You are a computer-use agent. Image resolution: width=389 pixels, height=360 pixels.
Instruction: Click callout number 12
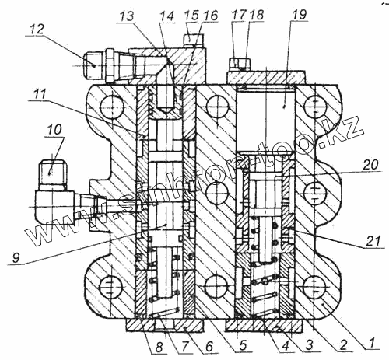[x=37, y=30]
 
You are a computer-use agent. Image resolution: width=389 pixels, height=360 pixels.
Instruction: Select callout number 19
[x=300, y=14]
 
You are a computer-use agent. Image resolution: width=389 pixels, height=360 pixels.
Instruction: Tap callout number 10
[x=54, y=130]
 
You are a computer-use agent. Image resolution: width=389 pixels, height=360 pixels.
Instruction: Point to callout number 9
[x=16, y=258]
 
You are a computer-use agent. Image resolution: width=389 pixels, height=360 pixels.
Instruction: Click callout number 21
[x=373, y=241]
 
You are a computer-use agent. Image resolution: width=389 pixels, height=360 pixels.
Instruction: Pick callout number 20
[x=371, y=165]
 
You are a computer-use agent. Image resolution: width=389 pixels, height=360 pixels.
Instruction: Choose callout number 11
[x=40, y=94]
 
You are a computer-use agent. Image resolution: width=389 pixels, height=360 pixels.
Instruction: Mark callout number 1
[x=372, y=344]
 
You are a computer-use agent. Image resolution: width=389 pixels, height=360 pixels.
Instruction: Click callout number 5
[x=243, y=345]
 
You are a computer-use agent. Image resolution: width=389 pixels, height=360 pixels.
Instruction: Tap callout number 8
[x=159, y=346]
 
